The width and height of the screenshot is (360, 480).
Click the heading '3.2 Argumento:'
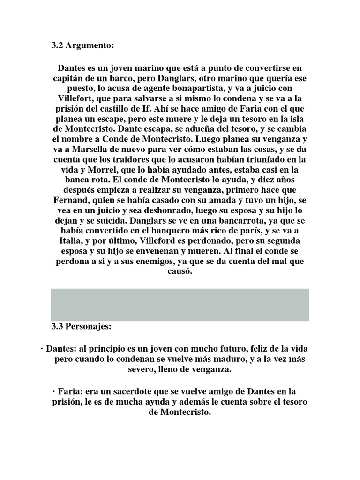tap(82, 46)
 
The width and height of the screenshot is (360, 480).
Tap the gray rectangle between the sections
tap(180, 305)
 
